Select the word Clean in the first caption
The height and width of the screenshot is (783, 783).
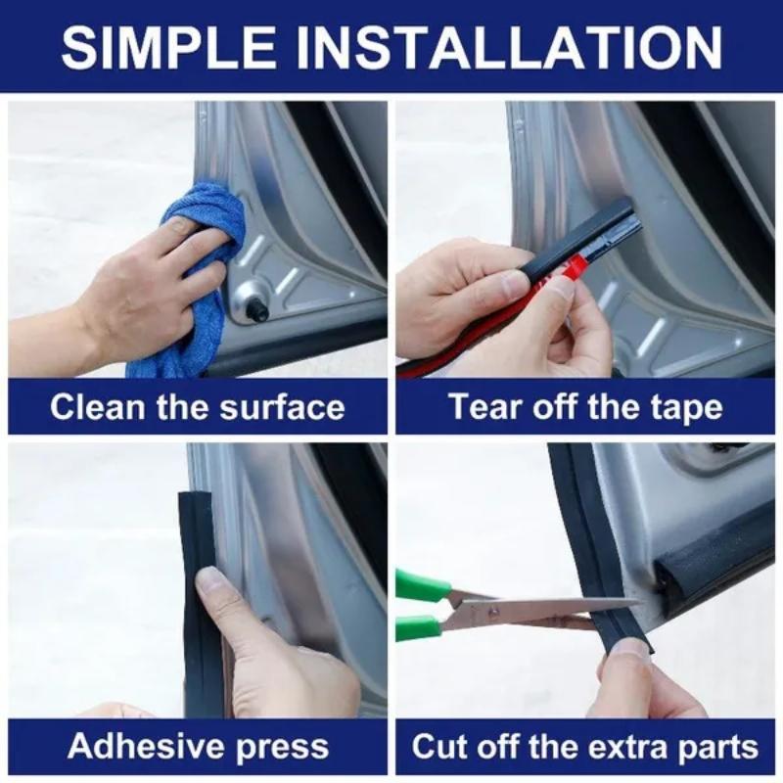(x=91, y=407)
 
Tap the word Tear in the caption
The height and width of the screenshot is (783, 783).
(x=481, y=407)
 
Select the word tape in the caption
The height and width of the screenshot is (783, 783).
(x=686, y=407)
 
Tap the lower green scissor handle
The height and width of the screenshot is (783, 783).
(x=419, y=627)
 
